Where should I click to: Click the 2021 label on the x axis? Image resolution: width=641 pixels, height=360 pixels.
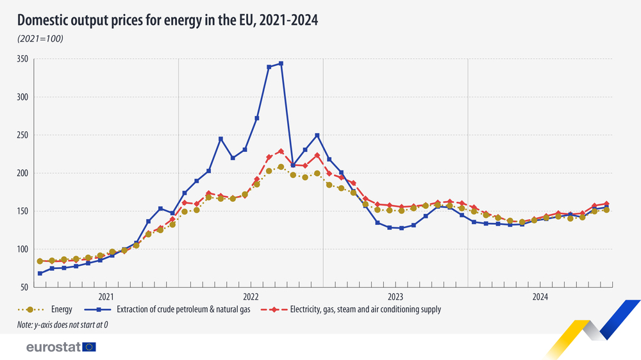click(x=106, y=297)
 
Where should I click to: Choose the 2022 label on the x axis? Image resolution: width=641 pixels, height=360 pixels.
click(x=251, y=297)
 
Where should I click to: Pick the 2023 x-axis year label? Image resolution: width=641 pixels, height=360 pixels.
click(x=395, y=297)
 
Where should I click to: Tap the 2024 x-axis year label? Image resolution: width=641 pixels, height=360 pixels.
click(x=540, y=297)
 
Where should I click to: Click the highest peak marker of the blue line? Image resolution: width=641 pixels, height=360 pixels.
click(x=281, y=63)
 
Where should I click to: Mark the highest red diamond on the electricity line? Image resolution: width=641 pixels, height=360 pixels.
click(x=281, y=151)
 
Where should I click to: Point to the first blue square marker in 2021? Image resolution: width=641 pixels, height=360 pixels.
click(x=40, y=274)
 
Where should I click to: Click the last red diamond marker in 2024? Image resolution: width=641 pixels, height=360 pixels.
click(x=606, y=204)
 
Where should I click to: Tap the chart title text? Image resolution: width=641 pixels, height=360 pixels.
click(x=168, y=21)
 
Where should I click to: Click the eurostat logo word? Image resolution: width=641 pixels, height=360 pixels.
click(x=53, y=347)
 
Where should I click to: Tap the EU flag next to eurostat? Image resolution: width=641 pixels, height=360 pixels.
click(x=89, y=347)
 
